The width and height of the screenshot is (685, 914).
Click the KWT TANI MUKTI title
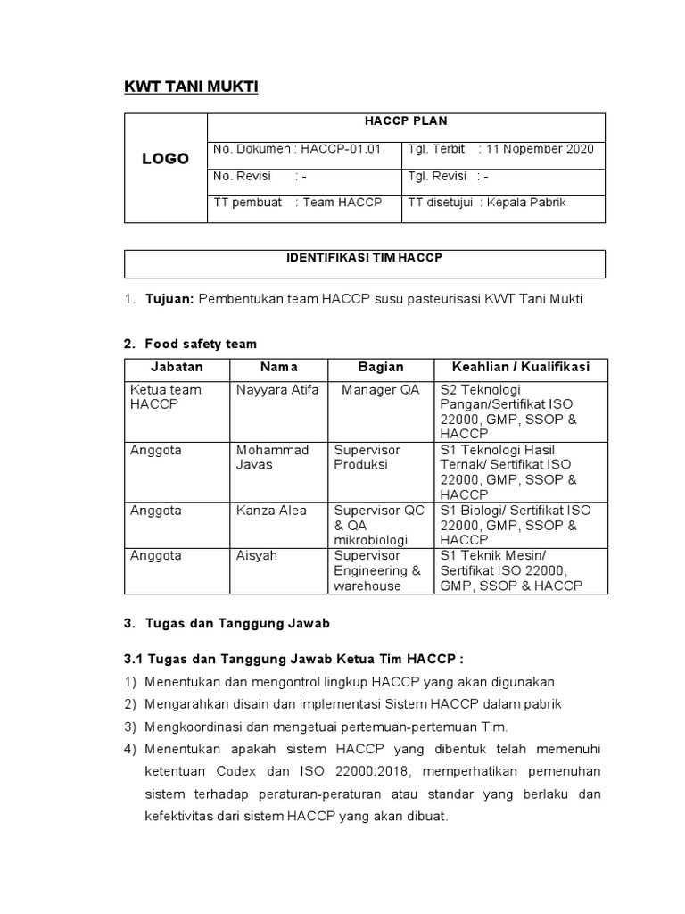coord(190,87)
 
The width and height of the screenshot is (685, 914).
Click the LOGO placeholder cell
coord(166,159)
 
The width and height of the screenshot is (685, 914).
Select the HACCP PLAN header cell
coord(405,121)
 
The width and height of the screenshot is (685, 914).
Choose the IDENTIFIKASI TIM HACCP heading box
coord(364,258)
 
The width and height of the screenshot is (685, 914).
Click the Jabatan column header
coord(177,367)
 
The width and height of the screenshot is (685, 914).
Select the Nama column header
coord(278,367)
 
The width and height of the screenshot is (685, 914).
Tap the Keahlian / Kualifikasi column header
coord(520,367)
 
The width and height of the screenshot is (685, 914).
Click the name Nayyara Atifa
coord(277,390)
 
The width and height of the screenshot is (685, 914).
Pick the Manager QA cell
coord(380,390)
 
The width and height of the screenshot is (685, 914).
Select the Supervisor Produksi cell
coord(367,457)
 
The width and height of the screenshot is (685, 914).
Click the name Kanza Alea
coord(271,511)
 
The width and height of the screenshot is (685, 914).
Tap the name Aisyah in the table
coord(257,555)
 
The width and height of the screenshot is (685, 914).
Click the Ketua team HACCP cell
coord(166,397)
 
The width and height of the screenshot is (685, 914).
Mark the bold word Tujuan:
coord(169,299)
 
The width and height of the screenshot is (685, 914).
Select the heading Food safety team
coord(201,344)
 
